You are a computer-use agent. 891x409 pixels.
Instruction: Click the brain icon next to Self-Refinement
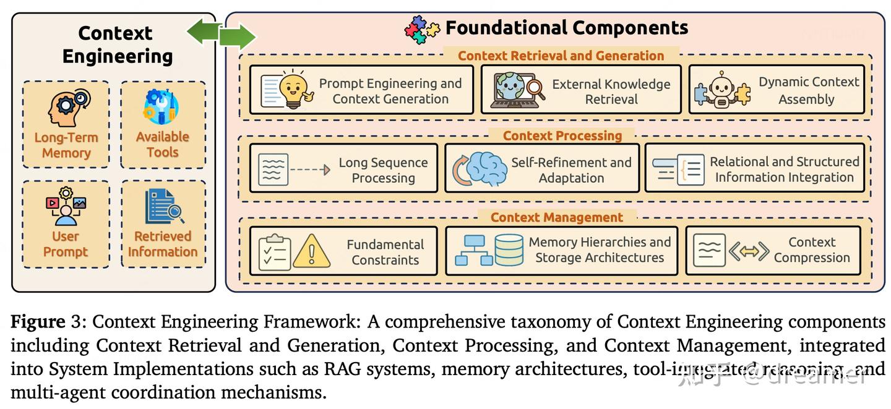[486, 168]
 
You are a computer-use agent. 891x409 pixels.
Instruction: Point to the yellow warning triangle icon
[311, 251]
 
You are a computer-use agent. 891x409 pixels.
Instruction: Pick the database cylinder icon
[509, 250]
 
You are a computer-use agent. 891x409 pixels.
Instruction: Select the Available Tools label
[162, 144]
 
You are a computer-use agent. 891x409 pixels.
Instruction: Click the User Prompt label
[66, 244]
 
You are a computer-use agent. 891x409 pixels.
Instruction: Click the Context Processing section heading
[562, 136]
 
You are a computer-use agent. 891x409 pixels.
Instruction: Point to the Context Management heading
[556, 217]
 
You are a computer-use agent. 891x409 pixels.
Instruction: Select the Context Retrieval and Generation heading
[561, 56]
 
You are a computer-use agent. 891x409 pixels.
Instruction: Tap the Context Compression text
[811, 250]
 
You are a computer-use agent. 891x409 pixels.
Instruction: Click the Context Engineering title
[116, 44]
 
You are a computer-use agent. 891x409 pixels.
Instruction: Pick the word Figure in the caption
[38, 322]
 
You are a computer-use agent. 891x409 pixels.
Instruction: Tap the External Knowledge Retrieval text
[611, 91]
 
